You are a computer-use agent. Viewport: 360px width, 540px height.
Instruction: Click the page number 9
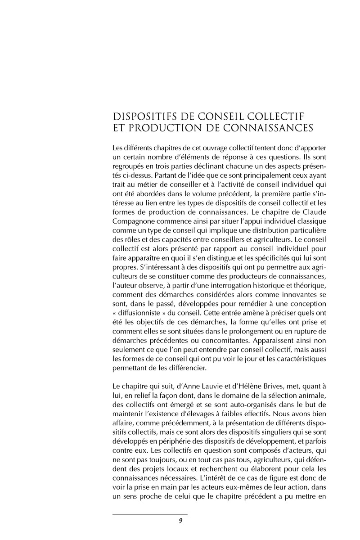tap(180, 521)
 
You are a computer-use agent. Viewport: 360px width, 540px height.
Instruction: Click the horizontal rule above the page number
tap(150, 514)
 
